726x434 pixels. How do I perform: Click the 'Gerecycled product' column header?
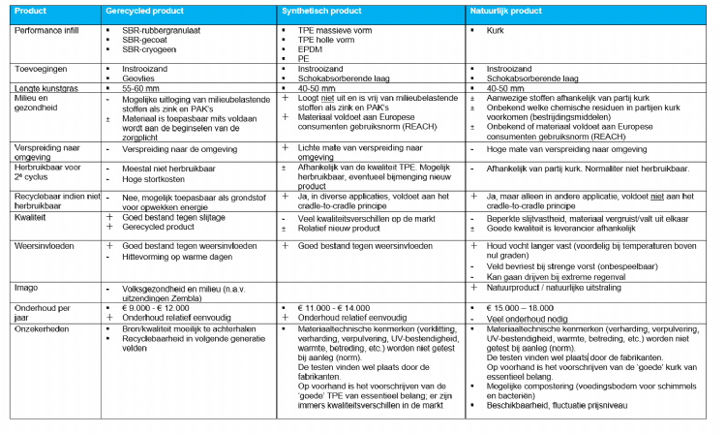click(x=140, y=10)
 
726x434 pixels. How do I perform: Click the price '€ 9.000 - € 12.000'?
click(x=155, y=307)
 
